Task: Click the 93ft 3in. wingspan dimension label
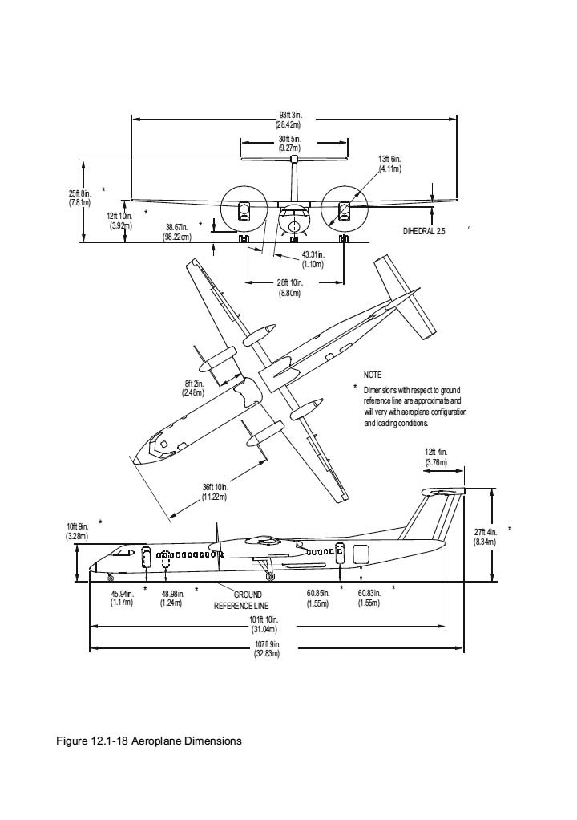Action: (288, 120)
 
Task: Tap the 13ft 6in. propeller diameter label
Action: (389, 164)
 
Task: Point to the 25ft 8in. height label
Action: (79, 197)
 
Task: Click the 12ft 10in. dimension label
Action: (119, 221)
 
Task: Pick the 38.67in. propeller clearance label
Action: (176, 232)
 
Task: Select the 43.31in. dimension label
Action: (313, 259)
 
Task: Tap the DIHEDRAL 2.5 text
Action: (424, 231)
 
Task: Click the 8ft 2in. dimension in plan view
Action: (193, 388)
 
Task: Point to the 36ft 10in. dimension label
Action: (216, 492)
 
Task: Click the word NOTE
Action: (373, 375)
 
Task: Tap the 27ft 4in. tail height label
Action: (485, 537)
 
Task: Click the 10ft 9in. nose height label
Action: (78, 530)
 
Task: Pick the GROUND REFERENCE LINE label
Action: (241, 599)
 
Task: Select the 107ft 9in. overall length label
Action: (266, 648)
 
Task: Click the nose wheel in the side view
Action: (111, 578)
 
